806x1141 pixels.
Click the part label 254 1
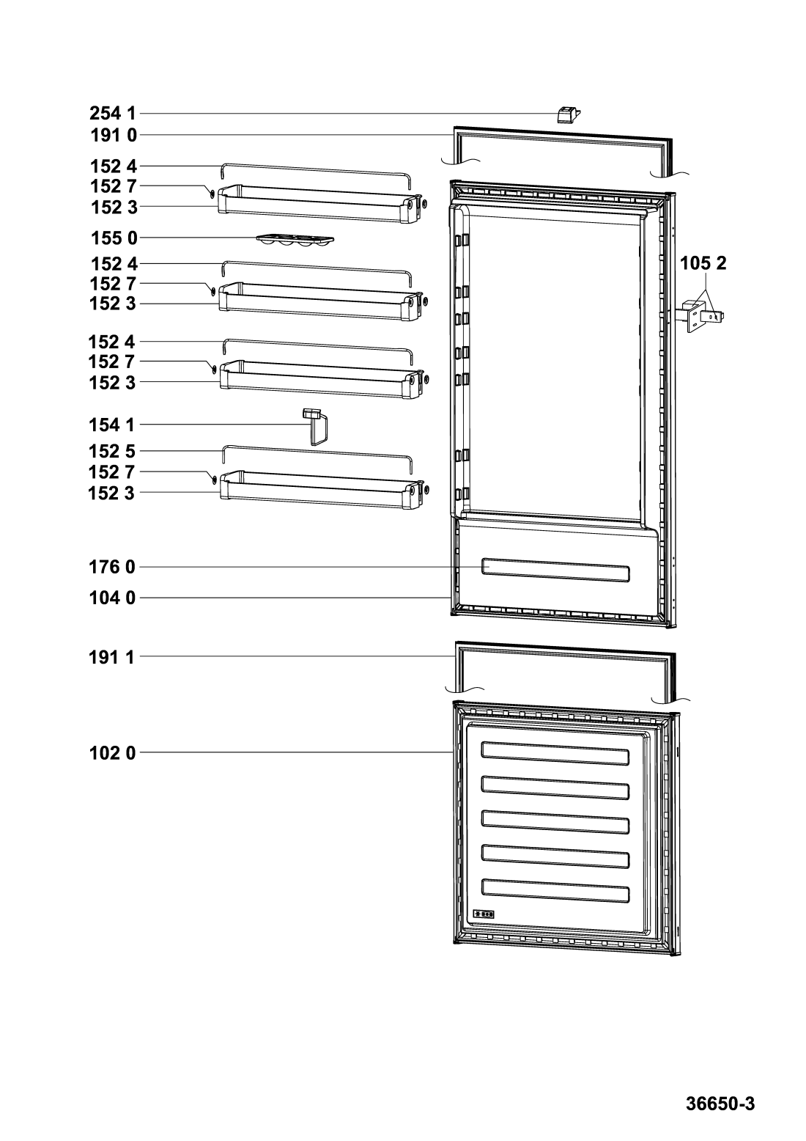[113, 113]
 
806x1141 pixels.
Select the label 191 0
[114, 136]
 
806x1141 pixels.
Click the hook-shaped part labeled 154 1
[316, 426]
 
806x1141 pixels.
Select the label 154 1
[112, 425]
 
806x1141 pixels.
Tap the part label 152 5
[112, 451]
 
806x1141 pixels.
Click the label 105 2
[703, 263]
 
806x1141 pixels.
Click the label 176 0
[112, 567]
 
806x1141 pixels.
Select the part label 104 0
[112, 598]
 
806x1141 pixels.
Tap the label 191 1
[111, 658]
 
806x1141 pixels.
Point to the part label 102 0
[112, 753]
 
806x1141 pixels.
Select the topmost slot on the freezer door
[555, 753]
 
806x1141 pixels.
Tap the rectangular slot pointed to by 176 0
[555, 570]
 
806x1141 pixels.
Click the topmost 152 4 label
[114, 166]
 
